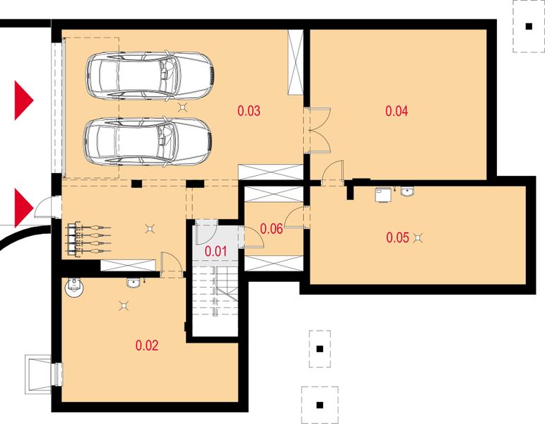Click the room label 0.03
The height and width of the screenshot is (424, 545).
click(249, 111)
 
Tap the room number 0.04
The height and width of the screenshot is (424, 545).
click(397, 111)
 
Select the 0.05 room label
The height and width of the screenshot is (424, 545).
click(398, 237)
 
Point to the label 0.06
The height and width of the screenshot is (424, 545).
click(271, 229)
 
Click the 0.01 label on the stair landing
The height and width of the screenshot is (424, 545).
click(216, 251)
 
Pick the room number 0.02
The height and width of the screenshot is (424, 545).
click(147, 346)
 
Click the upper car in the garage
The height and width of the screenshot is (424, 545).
click(150, 76)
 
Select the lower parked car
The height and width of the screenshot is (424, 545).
click(148, 141)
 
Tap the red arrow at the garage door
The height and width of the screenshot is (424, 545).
click(23, 100)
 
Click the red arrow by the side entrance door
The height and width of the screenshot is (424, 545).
click(23, 208)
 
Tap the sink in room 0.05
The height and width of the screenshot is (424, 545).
click(407, 192)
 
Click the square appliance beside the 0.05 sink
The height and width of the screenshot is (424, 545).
click(383, 194)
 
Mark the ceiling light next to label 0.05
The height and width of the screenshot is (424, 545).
click(418, 237)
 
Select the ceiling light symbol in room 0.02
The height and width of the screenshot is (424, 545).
click(124, 306)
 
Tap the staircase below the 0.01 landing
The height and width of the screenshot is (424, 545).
click(216, 291)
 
